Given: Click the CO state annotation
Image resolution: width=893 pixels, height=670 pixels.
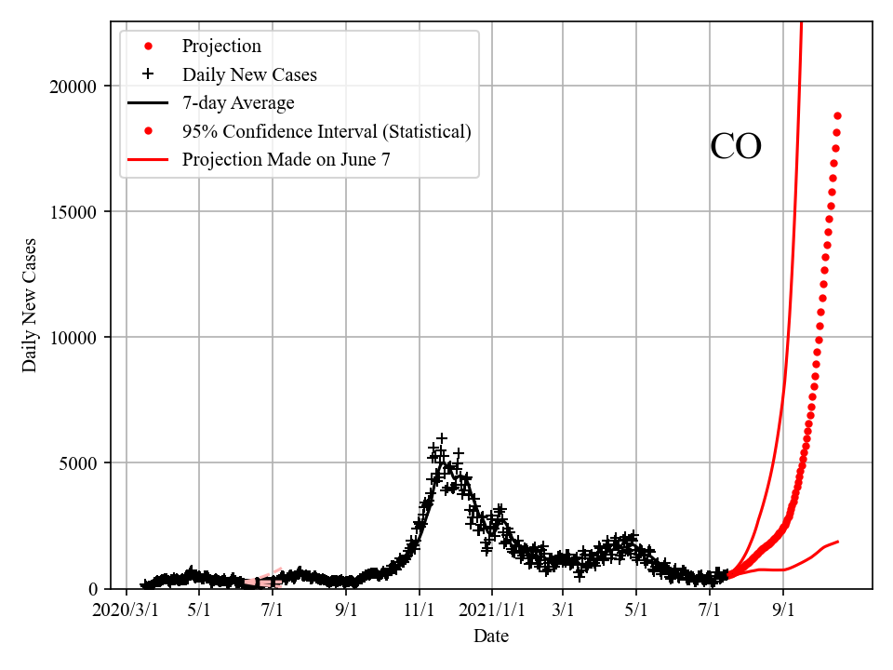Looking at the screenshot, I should tap(736, 147).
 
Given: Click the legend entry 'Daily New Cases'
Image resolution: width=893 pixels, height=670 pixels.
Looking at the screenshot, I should tap(249, 74).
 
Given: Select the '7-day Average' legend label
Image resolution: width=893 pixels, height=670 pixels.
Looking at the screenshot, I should tap(238, 102).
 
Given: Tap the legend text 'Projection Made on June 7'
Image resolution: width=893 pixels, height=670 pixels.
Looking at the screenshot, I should tap(286, 159).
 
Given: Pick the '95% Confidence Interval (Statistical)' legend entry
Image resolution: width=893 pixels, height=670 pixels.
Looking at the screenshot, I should tap(327, 131).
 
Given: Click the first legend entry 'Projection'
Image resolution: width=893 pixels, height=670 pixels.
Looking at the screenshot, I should tap(221, 46).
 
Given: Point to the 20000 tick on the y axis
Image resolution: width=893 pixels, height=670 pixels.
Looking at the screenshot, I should tap(75, 87).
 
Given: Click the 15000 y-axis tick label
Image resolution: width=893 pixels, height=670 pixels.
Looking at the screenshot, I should tap(75, 212).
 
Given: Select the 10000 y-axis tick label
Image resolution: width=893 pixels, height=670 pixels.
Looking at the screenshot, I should tap(75, 338).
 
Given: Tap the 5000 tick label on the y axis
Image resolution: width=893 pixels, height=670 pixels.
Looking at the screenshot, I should tap(80, 463).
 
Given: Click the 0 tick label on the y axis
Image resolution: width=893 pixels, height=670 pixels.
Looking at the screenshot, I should tap(93, 589).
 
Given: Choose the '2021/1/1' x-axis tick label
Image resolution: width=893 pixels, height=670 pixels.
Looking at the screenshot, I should tap(492, 611).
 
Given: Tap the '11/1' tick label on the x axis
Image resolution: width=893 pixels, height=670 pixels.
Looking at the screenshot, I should tap(419, 611).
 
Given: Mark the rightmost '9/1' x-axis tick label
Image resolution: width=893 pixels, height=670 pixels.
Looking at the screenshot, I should tap(783, 611).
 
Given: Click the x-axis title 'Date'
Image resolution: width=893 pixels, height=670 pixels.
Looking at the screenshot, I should tap(490, 636).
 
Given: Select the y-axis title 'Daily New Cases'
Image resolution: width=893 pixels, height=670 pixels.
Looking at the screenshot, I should tap(31, 305).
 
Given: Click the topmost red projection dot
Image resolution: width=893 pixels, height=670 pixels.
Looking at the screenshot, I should tap(837, 115).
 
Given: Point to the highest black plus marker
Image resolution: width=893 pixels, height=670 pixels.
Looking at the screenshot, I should tap(442, 437).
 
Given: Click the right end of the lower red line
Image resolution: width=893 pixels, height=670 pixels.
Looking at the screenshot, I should tap(838, 542).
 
